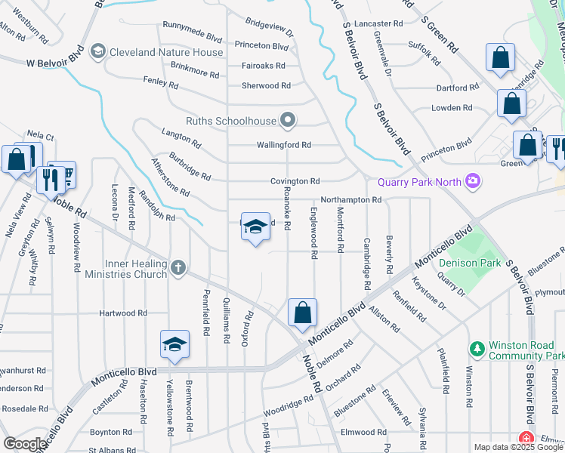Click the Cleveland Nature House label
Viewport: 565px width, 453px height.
tap(166, 52)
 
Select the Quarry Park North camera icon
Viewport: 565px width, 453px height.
tap(474, 180)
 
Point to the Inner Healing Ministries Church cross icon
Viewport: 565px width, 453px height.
tap(178, 267)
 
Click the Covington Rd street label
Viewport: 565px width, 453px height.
tap(295, 181)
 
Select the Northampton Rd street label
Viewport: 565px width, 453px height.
tap(350, 200)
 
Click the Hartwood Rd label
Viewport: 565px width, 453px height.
tap(122, 313)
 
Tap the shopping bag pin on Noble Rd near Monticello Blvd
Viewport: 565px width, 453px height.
tap(302, 313)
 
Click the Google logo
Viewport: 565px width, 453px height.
tap(25, 444)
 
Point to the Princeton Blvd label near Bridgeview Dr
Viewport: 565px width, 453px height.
tap(261, 46)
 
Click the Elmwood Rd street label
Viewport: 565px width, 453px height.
tap(363, 433)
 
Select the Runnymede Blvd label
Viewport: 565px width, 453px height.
tap(192, 33)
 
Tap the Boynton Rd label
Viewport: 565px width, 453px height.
tap(111, 433)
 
